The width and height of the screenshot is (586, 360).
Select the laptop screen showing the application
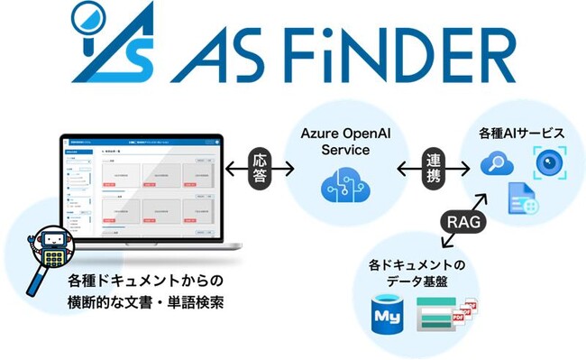coord(142,189)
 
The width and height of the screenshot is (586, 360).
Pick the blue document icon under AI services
coord(521,199)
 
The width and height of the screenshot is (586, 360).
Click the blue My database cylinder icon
coord(385,316)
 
